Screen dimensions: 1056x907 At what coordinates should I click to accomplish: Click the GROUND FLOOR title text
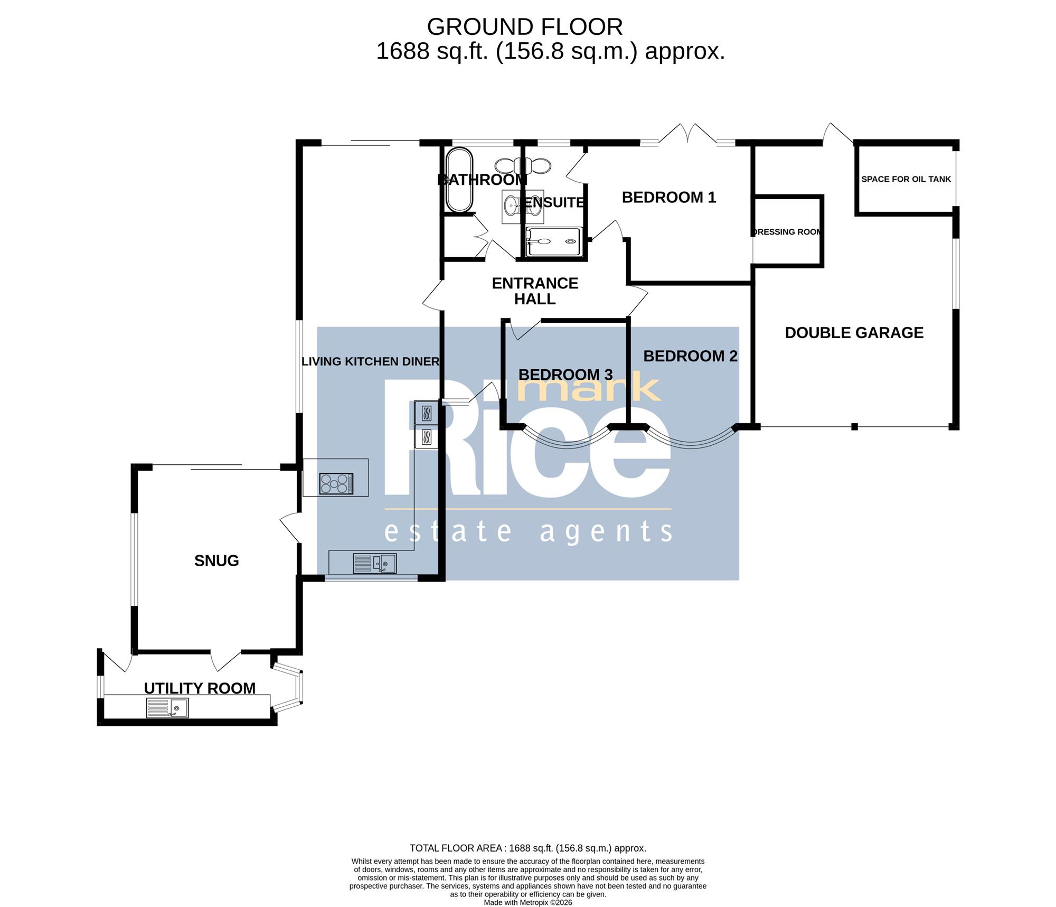click(x=525, y=27)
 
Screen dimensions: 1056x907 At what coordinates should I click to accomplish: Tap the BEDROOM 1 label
click(x=669, y=198)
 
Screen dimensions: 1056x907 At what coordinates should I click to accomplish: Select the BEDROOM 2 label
click(x=690, y=356)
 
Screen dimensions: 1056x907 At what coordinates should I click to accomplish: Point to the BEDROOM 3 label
click(x=565, y=375)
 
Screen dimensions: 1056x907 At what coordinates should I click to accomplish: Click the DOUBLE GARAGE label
click(x=854, y=333)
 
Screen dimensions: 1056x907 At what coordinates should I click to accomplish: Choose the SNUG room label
click(x=216, y=560)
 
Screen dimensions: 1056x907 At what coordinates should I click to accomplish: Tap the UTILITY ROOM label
click(x=200, y=688)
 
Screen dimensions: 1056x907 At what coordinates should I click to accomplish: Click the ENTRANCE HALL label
click(x=535, y=291)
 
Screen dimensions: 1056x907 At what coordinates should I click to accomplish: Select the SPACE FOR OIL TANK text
click(x=906, y=179)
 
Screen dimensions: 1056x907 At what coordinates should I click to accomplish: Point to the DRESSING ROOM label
click(x=787, y=232)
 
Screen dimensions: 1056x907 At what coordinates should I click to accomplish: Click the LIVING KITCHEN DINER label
click(x=370, y=361)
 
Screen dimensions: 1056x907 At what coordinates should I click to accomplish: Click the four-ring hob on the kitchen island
click(x=336, y=484)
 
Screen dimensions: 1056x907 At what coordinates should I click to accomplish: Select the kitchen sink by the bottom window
click(x=374, y=563)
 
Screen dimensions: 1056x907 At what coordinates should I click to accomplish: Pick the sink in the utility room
click(x=167, y=708)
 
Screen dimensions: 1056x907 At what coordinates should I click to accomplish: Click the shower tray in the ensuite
click(x=554, y=241)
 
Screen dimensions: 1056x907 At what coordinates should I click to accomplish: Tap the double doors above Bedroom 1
click(x=688, y=133)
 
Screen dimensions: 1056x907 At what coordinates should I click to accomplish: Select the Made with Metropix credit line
click(x=528, y=902)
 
